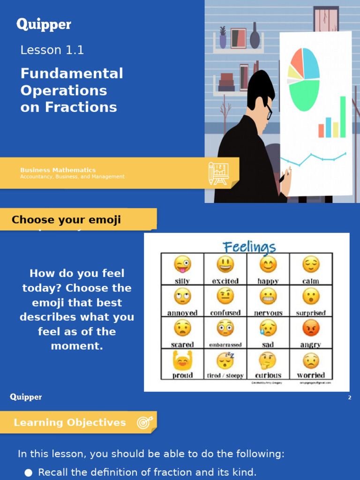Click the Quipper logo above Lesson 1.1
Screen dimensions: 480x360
pos(44,24)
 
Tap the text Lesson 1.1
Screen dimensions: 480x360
pos(52,50)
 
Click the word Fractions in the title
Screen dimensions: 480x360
pos(81,107)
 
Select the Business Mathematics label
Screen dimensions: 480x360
pos(58,170)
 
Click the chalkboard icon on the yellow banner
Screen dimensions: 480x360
pos(218,173)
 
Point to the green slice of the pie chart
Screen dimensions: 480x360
pos(304,95)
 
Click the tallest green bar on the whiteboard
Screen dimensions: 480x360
pos(343,117)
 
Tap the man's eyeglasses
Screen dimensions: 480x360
pos(269,111)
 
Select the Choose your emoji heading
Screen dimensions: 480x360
pos(66,220)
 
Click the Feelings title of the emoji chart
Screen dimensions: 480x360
pos(249,247)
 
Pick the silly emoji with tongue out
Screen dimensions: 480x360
pos(182,264)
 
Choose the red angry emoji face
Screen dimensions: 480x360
pos(311,328)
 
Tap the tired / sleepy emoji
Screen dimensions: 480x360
pos(225,360)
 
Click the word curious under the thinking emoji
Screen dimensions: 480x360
pos(268,375)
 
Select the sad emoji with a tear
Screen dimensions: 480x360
pos(268,328)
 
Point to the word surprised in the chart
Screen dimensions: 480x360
pos(311,313)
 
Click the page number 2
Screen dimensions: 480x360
pos(350,397)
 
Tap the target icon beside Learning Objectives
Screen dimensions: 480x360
pos(143,422)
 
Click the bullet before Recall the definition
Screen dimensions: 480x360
pos(29,472)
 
